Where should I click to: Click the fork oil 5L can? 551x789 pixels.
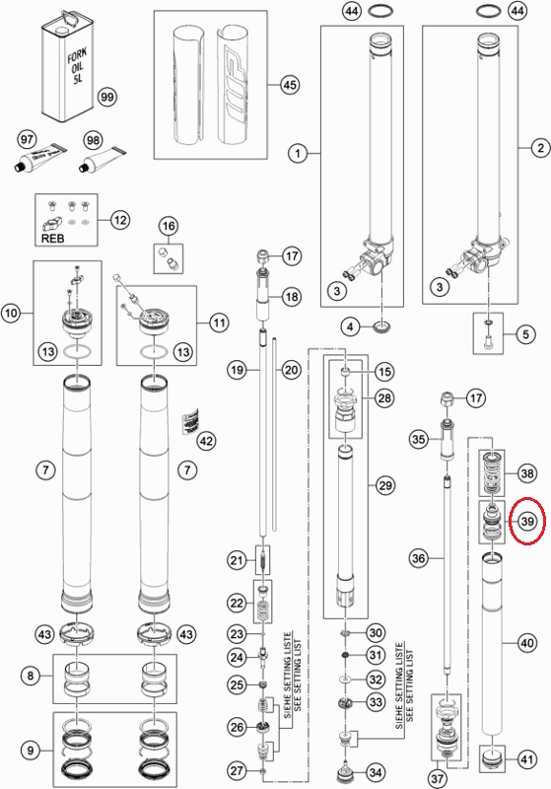67,67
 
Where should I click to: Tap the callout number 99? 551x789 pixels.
107,97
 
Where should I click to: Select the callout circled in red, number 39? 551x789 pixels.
527,522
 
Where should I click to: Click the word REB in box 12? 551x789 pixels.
52,238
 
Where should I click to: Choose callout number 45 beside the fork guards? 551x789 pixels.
290,85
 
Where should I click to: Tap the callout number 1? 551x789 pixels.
298,153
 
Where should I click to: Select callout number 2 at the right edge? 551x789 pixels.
540,148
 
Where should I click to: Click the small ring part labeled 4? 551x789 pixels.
383,328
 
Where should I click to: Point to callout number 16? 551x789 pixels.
169,226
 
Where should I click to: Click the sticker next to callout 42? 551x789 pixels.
189,421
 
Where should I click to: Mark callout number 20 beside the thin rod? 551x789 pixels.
291,371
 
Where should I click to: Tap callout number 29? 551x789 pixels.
384,485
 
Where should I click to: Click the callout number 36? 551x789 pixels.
418,557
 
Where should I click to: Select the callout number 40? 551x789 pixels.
527,643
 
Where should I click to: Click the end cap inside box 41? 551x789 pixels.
492,758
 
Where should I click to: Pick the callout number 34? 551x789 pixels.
376,772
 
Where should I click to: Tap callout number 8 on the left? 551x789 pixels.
31,675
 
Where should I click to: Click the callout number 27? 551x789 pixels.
237,770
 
